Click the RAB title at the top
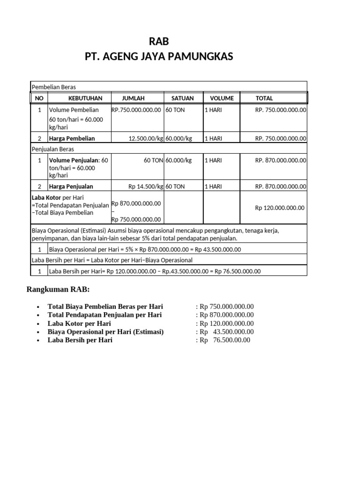pos(158,42)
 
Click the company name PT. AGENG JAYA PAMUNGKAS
pos(158,57)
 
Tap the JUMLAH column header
pos(134,98)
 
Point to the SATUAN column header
pos(182,98)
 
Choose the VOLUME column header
pos(221,98)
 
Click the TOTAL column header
pos(264,98)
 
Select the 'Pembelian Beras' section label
pos(53,87)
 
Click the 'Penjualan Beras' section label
pos(53,149)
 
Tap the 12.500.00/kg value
pos(146,138)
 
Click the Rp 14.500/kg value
pos(146,187)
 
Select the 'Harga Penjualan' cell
pos(71,187)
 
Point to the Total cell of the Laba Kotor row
pos(279,208)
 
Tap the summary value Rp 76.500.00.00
pos(225,340)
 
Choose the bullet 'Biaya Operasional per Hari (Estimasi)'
pos(105,332)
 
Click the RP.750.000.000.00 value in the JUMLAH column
pos(136,110)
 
